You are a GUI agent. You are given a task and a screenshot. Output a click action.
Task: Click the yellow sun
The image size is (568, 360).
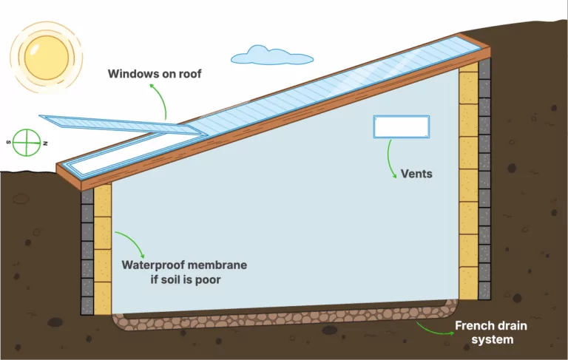click(46, 56)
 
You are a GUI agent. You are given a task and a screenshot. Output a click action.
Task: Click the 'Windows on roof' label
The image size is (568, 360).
click(155, 73)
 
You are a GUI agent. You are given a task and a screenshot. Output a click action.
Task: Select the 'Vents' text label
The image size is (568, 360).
click(416, 174)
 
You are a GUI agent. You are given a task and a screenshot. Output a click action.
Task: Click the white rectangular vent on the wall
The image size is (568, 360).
click(402, 126)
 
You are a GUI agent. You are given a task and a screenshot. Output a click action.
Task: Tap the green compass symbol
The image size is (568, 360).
click(27, 141)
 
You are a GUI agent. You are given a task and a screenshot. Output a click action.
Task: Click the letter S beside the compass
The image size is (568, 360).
click(8, 141)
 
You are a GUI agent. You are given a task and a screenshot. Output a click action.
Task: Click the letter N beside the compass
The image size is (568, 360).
click(46, 142)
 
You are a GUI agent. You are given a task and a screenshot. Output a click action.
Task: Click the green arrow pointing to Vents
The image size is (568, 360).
click(390, 159)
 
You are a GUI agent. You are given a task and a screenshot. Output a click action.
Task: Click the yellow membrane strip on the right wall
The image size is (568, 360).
click(468, 185)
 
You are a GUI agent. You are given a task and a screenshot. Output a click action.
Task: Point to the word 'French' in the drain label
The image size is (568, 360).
click(474, 325)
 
